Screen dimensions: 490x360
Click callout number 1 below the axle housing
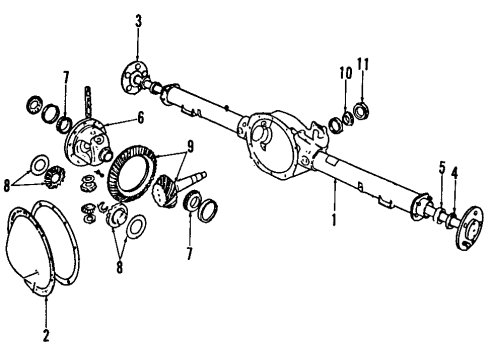333,215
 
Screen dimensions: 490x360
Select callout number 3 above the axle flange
138,21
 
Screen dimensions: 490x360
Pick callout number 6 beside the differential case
140,118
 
